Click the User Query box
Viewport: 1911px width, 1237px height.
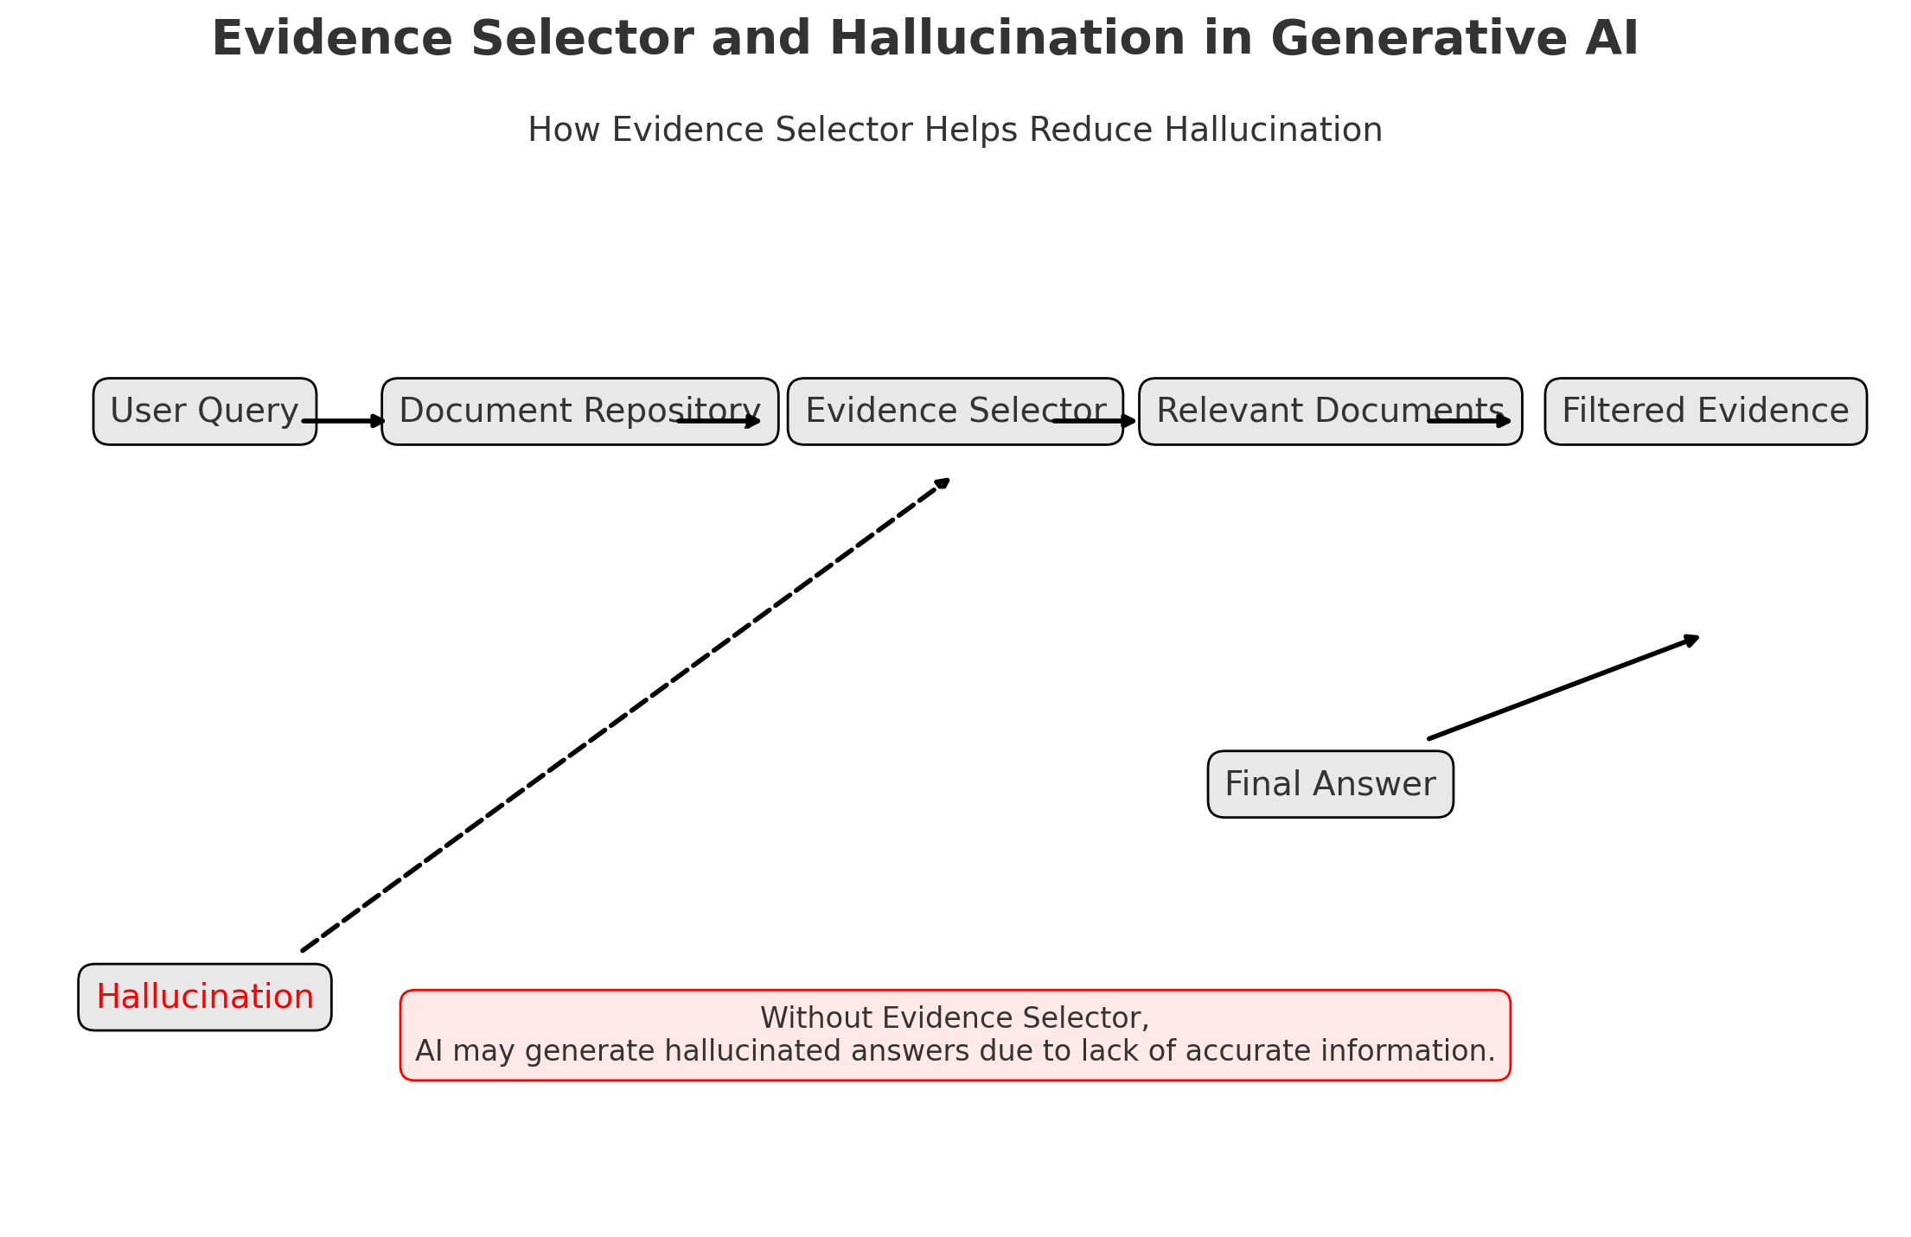click(204, 411)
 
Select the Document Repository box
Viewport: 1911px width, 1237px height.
click(536, 411)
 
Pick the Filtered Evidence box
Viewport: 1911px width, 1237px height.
click(1705, 411)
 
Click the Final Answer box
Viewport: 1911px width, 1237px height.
click(1330, 784)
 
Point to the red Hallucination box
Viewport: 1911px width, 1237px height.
click(204, 997)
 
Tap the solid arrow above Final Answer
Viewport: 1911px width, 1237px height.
click(1561, 688)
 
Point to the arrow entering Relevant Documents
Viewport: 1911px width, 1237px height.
click(1094, 421)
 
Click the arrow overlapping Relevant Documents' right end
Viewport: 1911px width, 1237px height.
click(1470, 421)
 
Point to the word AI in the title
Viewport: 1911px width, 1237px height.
click(1612, 40)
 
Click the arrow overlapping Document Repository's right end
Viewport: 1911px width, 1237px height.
click(719, 421)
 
